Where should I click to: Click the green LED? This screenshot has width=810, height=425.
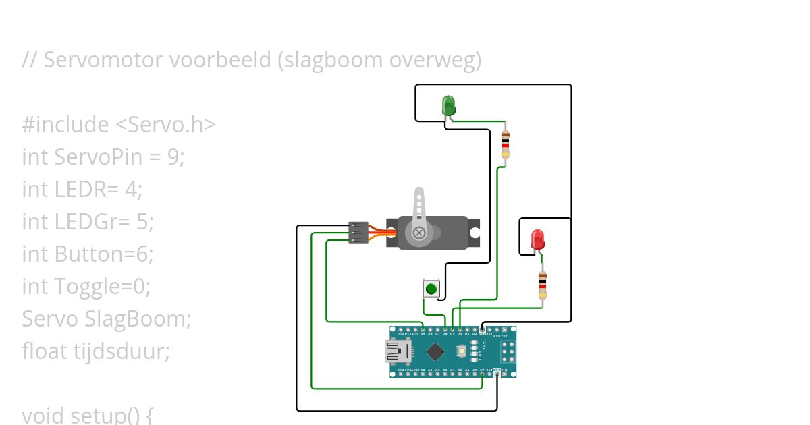pos(449,105)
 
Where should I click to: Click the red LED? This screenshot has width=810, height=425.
pos(537,239)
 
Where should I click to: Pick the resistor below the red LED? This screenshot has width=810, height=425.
pos(542,286)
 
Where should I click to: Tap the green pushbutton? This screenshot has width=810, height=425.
pos(431,289)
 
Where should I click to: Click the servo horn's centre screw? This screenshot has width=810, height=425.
pos(419,233)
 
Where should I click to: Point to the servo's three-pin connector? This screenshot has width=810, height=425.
pos(358,232)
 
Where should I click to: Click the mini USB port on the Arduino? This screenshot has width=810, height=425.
pos(396,351)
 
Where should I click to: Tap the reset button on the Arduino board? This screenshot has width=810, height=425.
pos(462,351)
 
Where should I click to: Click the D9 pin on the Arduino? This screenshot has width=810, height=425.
pos(423,330)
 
